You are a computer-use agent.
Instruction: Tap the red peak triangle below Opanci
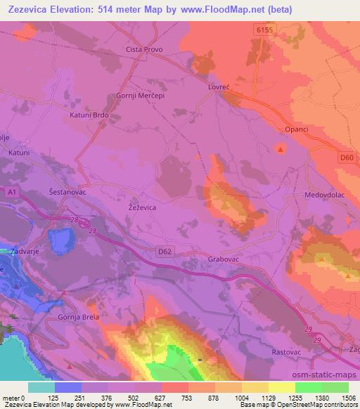coord(281,149)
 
